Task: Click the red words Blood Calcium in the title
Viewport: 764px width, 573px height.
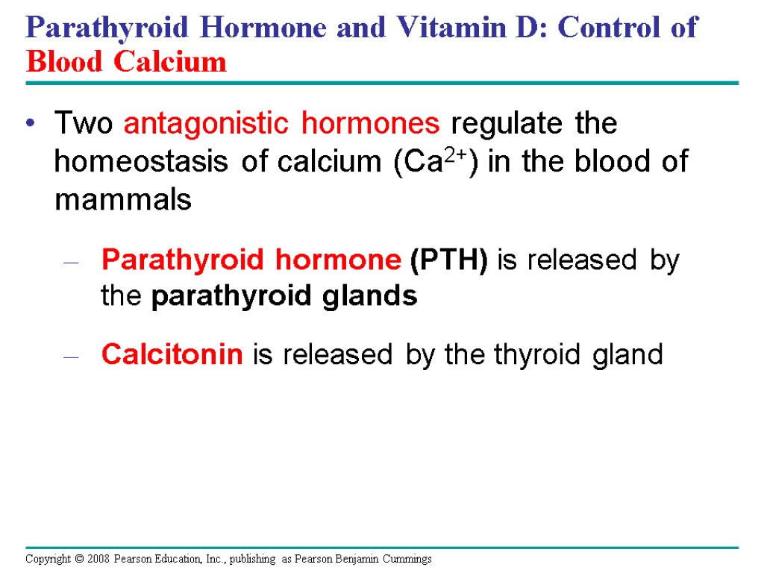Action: click(x=126, y=61)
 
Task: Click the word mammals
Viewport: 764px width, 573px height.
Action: click(x=123, y=201)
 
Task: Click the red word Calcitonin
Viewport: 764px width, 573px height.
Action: click(x=172, y=354)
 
